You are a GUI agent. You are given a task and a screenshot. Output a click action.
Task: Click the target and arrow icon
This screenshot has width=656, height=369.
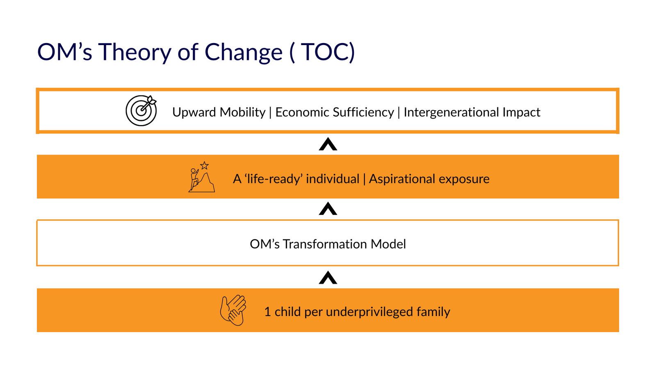pos(141,111)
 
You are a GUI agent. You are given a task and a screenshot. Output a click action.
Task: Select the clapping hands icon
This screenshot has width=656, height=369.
pos(233,310)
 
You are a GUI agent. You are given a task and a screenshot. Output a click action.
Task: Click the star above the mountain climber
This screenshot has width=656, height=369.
pos(205,166)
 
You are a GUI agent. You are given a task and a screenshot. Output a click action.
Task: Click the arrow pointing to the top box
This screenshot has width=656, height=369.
pos(328,144)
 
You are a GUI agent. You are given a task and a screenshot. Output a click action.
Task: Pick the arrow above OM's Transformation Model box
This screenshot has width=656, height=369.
pos(328,209)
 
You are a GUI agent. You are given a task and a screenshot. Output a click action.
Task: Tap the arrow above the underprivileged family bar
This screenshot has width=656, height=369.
pos(328,278)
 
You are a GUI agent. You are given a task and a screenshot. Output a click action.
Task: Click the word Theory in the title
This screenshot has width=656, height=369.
pos(134,52)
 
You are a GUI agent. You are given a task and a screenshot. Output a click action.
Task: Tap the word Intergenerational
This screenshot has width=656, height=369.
pos(451,113)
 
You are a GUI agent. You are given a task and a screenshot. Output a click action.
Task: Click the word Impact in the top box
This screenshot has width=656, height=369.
pos(522,113)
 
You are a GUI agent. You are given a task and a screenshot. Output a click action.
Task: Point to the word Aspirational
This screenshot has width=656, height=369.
pos(402,179)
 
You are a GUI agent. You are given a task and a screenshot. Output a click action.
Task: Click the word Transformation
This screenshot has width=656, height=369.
pos(325,244)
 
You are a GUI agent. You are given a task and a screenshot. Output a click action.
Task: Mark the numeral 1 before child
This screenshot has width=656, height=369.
pos(267,312)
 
